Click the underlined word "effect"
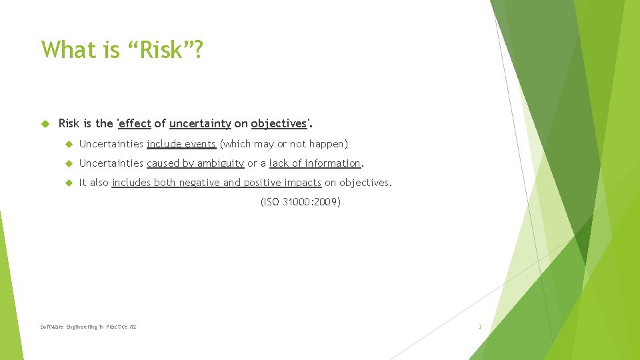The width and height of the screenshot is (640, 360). [x=135, y=123]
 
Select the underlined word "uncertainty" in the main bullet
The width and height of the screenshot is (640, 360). [x=200, y=123]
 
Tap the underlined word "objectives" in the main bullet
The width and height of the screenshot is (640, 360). [x=279, y=123]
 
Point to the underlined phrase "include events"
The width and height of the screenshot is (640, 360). [x=181, y=143]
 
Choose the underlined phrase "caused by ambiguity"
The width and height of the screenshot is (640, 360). [x=195, y=163]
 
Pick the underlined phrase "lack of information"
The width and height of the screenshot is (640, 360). [x=315, y=163]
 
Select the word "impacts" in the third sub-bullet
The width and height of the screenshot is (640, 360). [x=303, y=183]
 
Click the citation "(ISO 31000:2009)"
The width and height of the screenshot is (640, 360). [x=300, y=202]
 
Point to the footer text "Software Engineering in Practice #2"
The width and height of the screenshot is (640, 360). [x=88, y=327]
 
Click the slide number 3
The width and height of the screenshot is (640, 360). [x=479, y=327]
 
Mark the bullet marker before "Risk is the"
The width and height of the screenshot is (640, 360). [x=45, y=123]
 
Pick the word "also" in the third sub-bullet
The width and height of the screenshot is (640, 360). [x=98, y=183]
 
